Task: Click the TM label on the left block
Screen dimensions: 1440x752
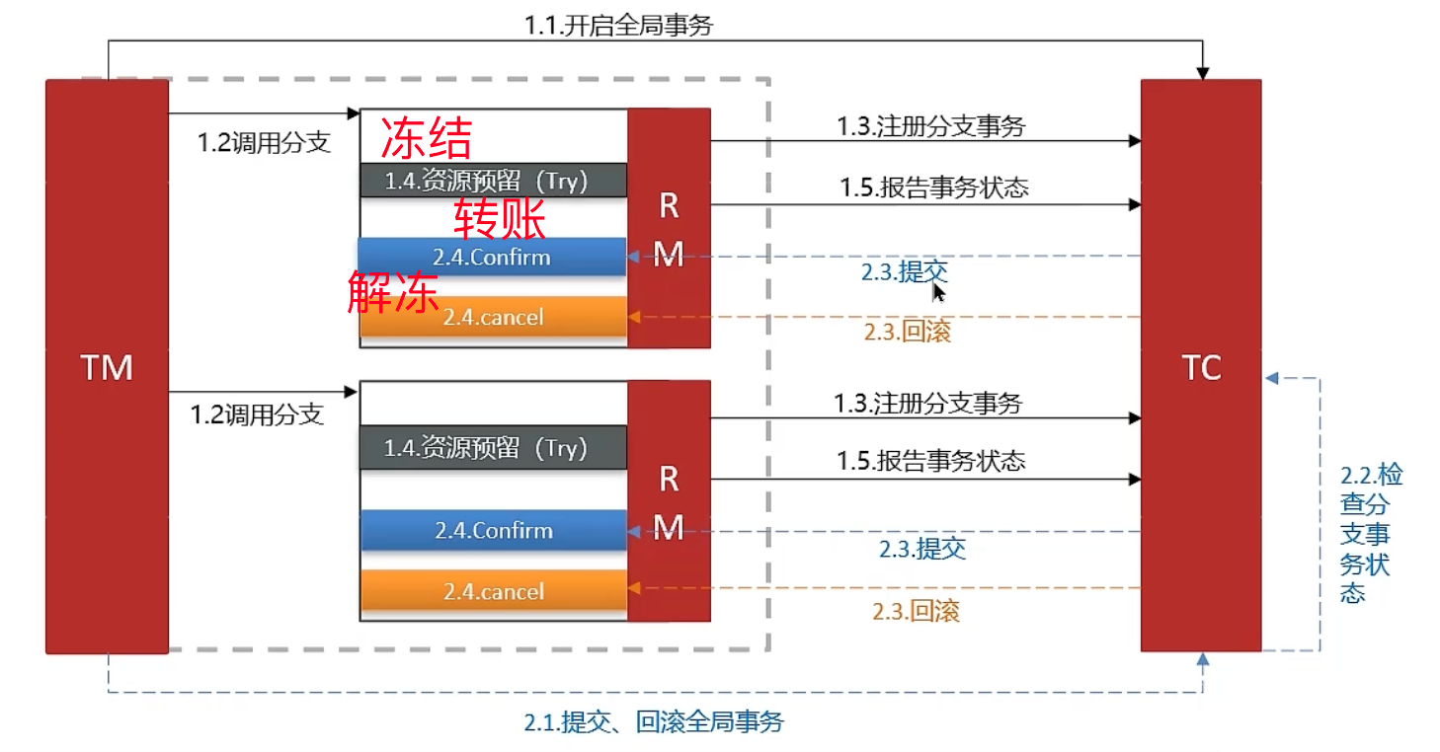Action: pos(107,368)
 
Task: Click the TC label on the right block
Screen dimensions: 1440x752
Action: pos(1201,368)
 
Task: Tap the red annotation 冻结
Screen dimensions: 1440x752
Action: pos(427,138)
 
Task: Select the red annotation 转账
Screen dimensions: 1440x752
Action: pos(500,218)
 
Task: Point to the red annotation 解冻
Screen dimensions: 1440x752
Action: pos(393,292)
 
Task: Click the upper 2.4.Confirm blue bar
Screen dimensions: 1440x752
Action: pos(492,257)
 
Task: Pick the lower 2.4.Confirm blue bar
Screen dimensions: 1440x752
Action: pos(494,530)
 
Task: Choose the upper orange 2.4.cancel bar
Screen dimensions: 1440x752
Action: pos(494,317)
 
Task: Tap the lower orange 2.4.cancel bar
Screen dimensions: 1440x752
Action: pos(494,591)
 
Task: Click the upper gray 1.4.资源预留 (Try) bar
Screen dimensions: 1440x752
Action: pos(494,181)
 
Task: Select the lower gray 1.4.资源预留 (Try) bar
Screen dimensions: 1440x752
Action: pos(494,448)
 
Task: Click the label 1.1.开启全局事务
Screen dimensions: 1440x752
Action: pos(618,26)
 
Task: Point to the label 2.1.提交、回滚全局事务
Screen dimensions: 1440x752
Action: pos(653,721)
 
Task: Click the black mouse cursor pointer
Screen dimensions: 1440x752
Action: pos(938,292)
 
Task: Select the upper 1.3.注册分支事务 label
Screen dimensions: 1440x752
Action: pos(930,126)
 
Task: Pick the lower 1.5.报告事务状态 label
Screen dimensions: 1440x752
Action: pos(930,461)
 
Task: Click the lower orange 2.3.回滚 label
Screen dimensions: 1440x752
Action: pos(916,611)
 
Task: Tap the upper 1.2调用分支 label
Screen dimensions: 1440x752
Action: pos(264,142)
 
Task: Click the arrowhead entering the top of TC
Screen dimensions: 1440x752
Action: pos(1202,73)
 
